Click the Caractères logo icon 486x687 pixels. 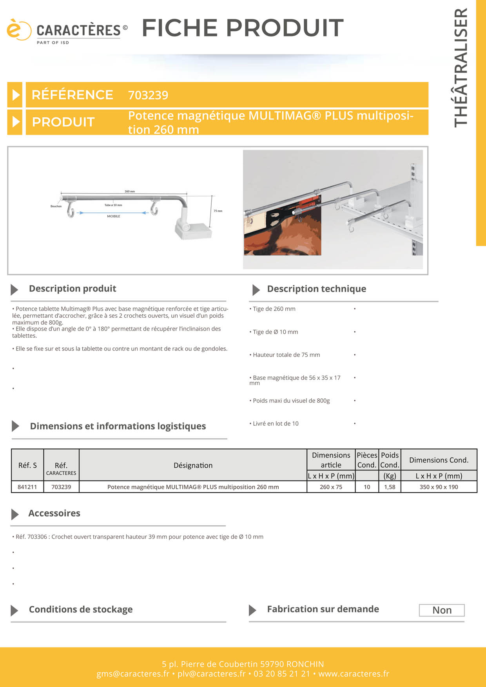point(18,30)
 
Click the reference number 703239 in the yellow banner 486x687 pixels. point(148,95)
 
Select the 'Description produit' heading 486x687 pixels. point(73,289)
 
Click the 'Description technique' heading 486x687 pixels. point(316,289)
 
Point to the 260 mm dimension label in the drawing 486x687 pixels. point(130,192)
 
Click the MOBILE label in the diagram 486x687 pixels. point(114,216)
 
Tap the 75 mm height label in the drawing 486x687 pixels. point(218,211)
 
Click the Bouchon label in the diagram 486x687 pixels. point(56,206)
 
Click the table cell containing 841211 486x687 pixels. point(27,487)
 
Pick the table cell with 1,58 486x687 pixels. point(390,487)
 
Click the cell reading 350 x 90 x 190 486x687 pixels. point(439,487)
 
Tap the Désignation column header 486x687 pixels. point(193,465)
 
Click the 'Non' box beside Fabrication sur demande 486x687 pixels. point(442,610)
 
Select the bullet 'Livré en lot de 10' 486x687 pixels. point(276,423)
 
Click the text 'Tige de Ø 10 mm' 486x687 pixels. point(275,332)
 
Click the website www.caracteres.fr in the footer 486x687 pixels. point(354,674)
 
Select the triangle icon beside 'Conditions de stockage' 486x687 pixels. point(15,610)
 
